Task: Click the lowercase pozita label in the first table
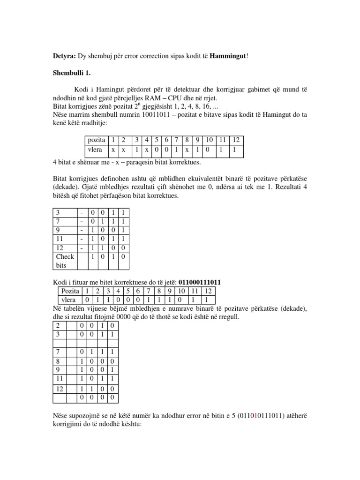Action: pyautogui.click(x=96, y=140)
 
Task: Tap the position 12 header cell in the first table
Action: pyautogui.click(x=235, y=140)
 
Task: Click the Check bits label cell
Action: pyautogui.click(x=65, y=261)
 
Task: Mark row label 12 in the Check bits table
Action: pyautogui.click(x=60, y=247)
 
